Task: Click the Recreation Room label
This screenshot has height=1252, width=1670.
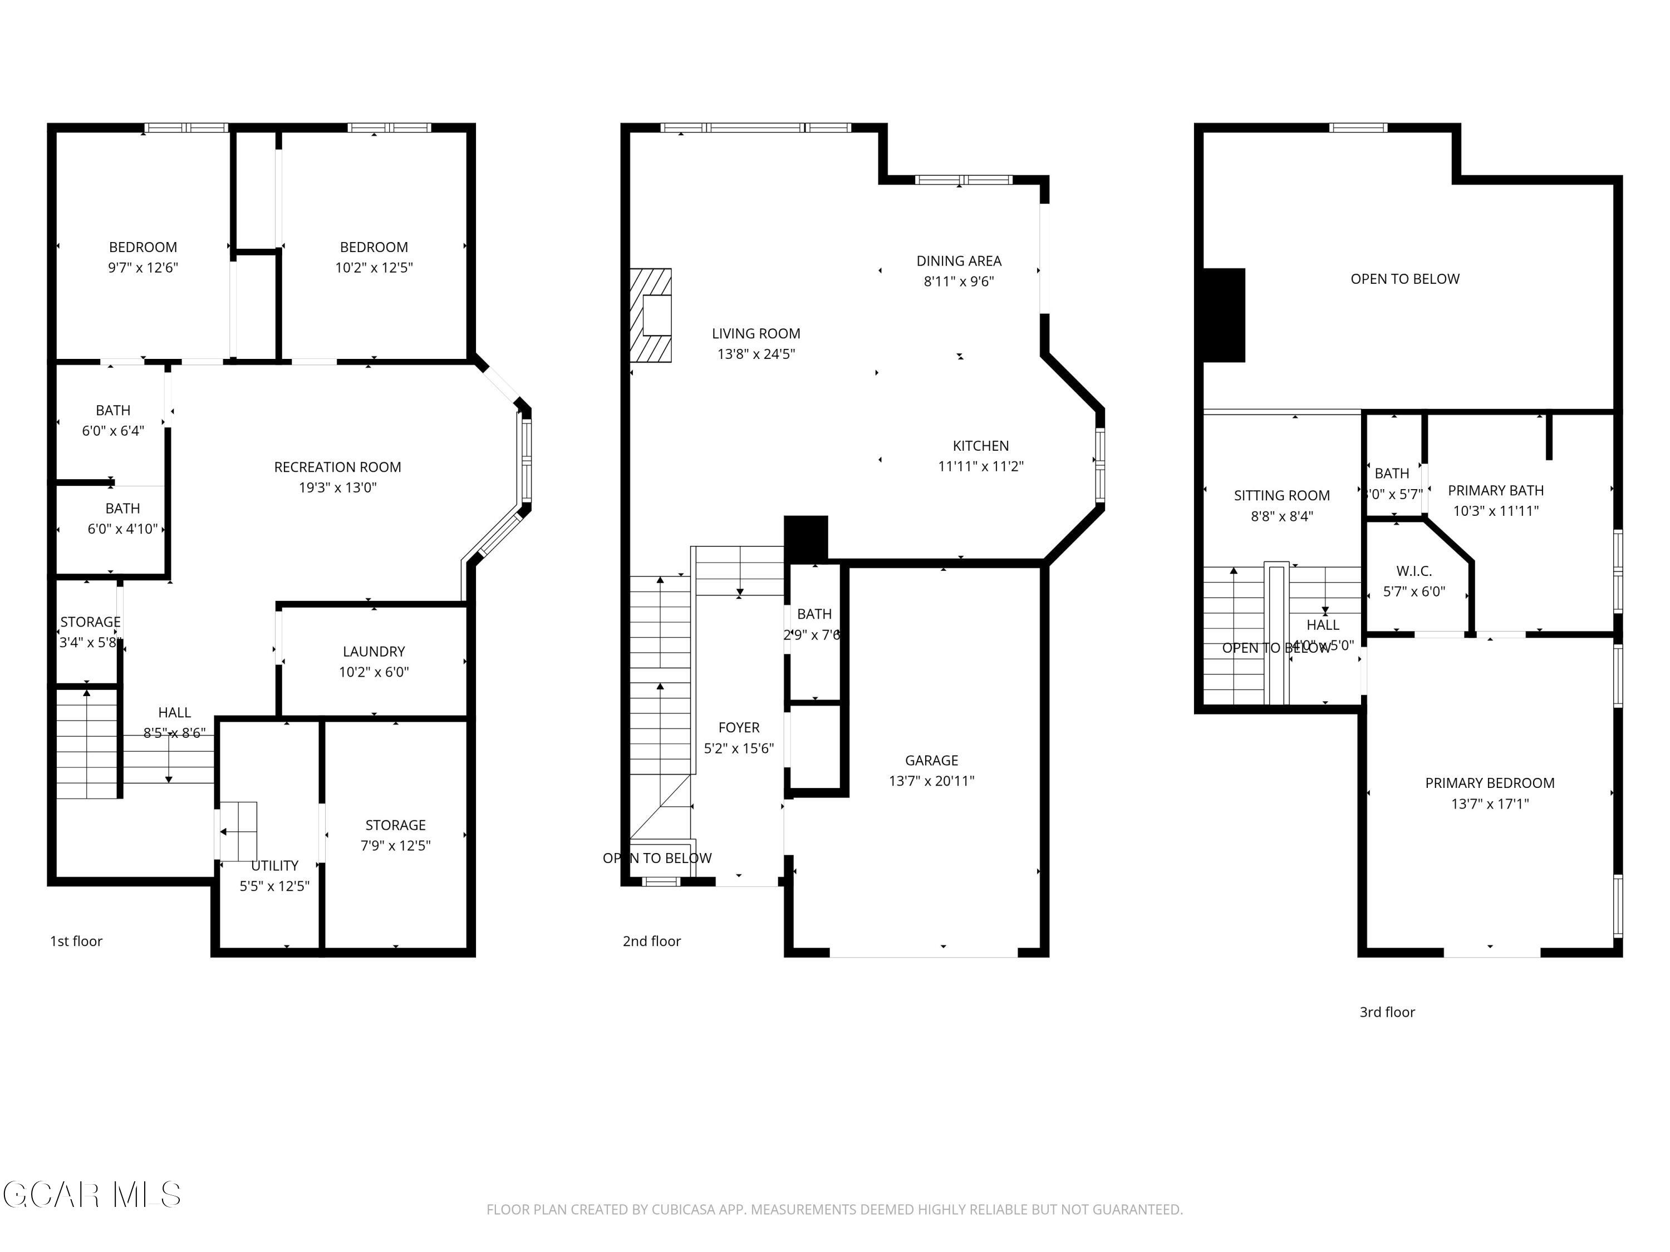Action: coord(337,467)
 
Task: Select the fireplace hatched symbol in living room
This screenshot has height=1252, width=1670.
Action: coord(651,316)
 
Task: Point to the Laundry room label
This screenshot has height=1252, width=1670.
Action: coord(374,651)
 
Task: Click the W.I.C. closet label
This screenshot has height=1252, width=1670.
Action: coord(1413,571)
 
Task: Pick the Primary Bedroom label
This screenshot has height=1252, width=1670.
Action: coord(1489,783)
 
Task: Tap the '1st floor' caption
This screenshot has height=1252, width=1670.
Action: coord(76,941)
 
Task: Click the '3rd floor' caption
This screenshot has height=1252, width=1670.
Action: coord(1387,1012)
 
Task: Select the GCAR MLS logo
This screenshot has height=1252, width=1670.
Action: coord(91,1195)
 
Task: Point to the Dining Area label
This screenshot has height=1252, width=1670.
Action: coord(959,261)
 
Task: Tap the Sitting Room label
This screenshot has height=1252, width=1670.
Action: coord(1281,496)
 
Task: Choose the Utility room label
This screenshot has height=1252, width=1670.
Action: coord(274,866)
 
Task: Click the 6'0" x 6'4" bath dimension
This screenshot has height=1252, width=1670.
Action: coord(112,431)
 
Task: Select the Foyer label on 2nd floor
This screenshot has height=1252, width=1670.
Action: coord(738,727)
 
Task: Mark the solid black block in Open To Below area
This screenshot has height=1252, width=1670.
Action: coord(1223,316)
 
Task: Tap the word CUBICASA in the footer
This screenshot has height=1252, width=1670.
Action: coord(682,1210)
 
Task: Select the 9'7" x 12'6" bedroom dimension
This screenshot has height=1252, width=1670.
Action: coord(143,268)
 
